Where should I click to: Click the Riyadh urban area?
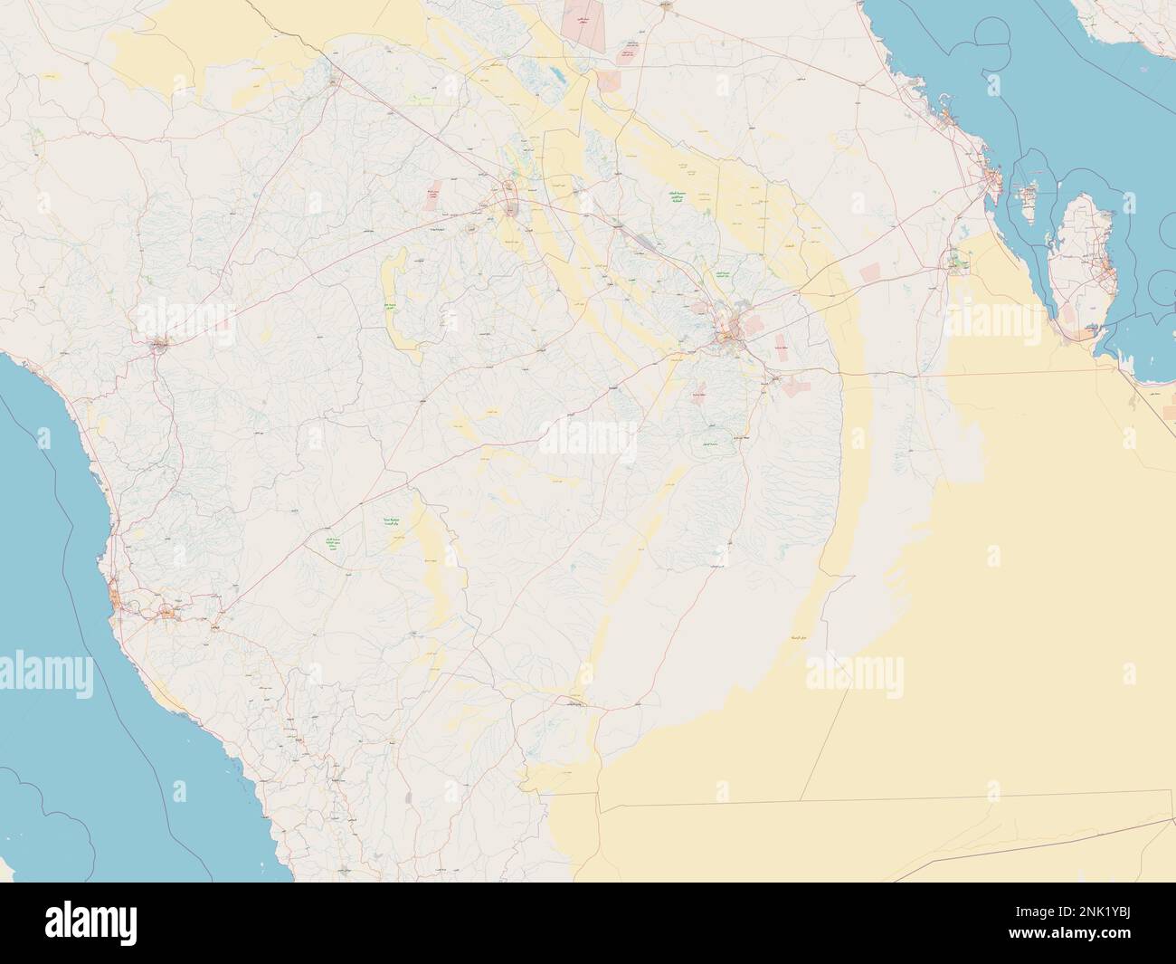tap(729, 335)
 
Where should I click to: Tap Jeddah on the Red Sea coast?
tap(116, 598)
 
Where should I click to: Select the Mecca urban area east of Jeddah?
tap(168, 614)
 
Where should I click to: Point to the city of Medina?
tap(160, 344)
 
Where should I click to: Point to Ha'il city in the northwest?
tap(334, 82)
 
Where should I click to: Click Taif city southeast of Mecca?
tap(218, 626)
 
